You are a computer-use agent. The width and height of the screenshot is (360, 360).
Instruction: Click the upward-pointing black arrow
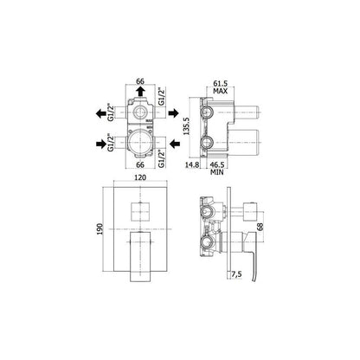tap(140, 92)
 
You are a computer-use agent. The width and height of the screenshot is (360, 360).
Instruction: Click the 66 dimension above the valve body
tap(140, 81)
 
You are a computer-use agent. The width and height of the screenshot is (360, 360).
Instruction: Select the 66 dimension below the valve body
tap(140, 164)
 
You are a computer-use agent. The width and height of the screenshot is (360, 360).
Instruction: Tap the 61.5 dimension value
tap(221, 84)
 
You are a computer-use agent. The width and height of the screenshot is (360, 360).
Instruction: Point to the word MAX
tap(221, 91)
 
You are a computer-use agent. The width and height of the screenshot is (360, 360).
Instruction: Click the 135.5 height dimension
tap(186, 126)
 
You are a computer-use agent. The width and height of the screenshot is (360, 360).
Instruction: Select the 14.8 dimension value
tap(192, 164)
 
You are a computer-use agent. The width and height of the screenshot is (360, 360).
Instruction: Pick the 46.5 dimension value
tap(217, 164)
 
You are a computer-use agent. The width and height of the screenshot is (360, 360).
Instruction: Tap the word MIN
tap(217, 172)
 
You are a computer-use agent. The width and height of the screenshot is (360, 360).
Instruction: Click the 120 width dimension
tap(140, 177)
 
